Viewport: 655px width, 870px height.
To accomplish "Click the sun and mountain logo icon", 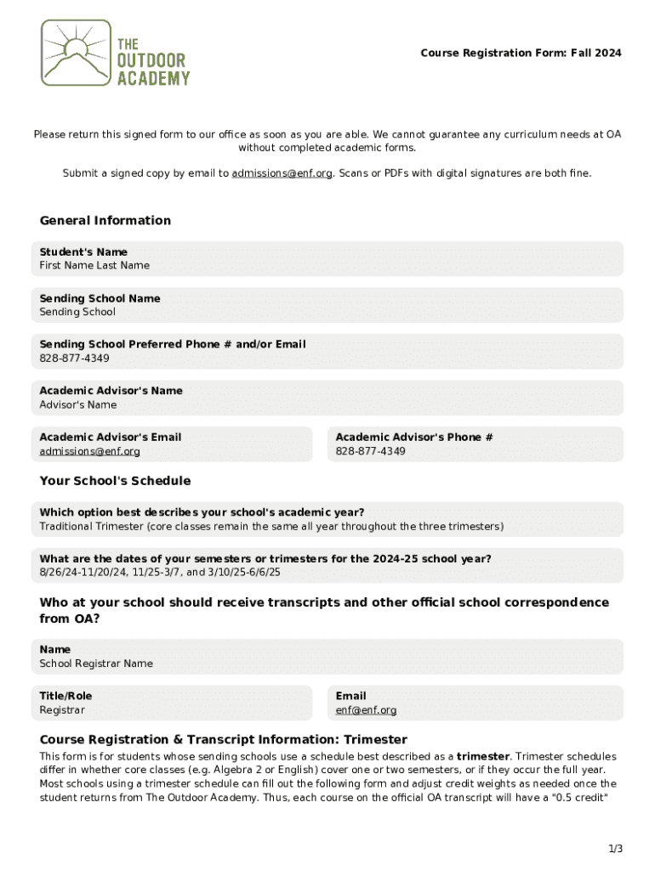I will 77,53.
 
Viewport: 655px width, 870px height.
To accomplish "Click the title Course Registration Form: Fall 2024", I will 521,53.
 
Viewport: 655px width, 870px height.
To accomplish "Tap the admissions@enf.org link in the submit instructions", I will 282,173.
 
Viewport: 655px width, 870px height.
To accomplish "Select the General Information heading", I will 105,221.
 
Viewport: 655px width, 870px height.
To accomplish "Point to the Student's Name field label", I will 83,251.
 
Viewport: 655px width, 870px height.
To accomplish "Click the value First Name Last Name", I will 94,265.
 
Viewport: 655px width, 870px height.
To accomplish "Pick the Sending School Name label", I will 100,298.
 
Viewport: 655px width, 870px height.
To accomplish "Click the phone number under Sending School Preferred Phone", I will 74,359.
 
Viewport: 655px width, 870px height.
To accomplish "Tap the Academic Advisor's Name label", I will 111,391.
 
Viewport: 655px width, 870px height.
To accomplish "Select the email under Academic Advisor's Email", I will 89,451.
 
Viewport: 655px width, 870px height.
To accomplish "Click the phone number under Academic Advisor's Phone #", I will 370,451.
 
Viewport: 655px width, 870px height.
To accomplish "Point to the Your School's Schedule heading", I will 115,481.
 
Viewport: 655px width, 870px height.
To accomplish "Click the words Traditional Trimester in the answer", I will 90,527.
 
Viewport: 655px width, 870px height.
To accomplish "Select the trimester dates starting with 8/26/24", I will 160,573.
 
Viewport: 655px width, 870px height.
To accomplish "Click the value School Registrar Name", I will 96,664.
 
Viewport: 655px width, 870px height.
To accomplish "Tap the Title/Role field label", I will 65,696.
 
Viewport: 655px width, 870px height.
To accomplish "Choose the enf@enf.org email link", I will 366,710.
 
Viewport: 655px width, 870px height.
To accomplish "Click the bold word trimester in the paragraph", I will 482,756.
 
